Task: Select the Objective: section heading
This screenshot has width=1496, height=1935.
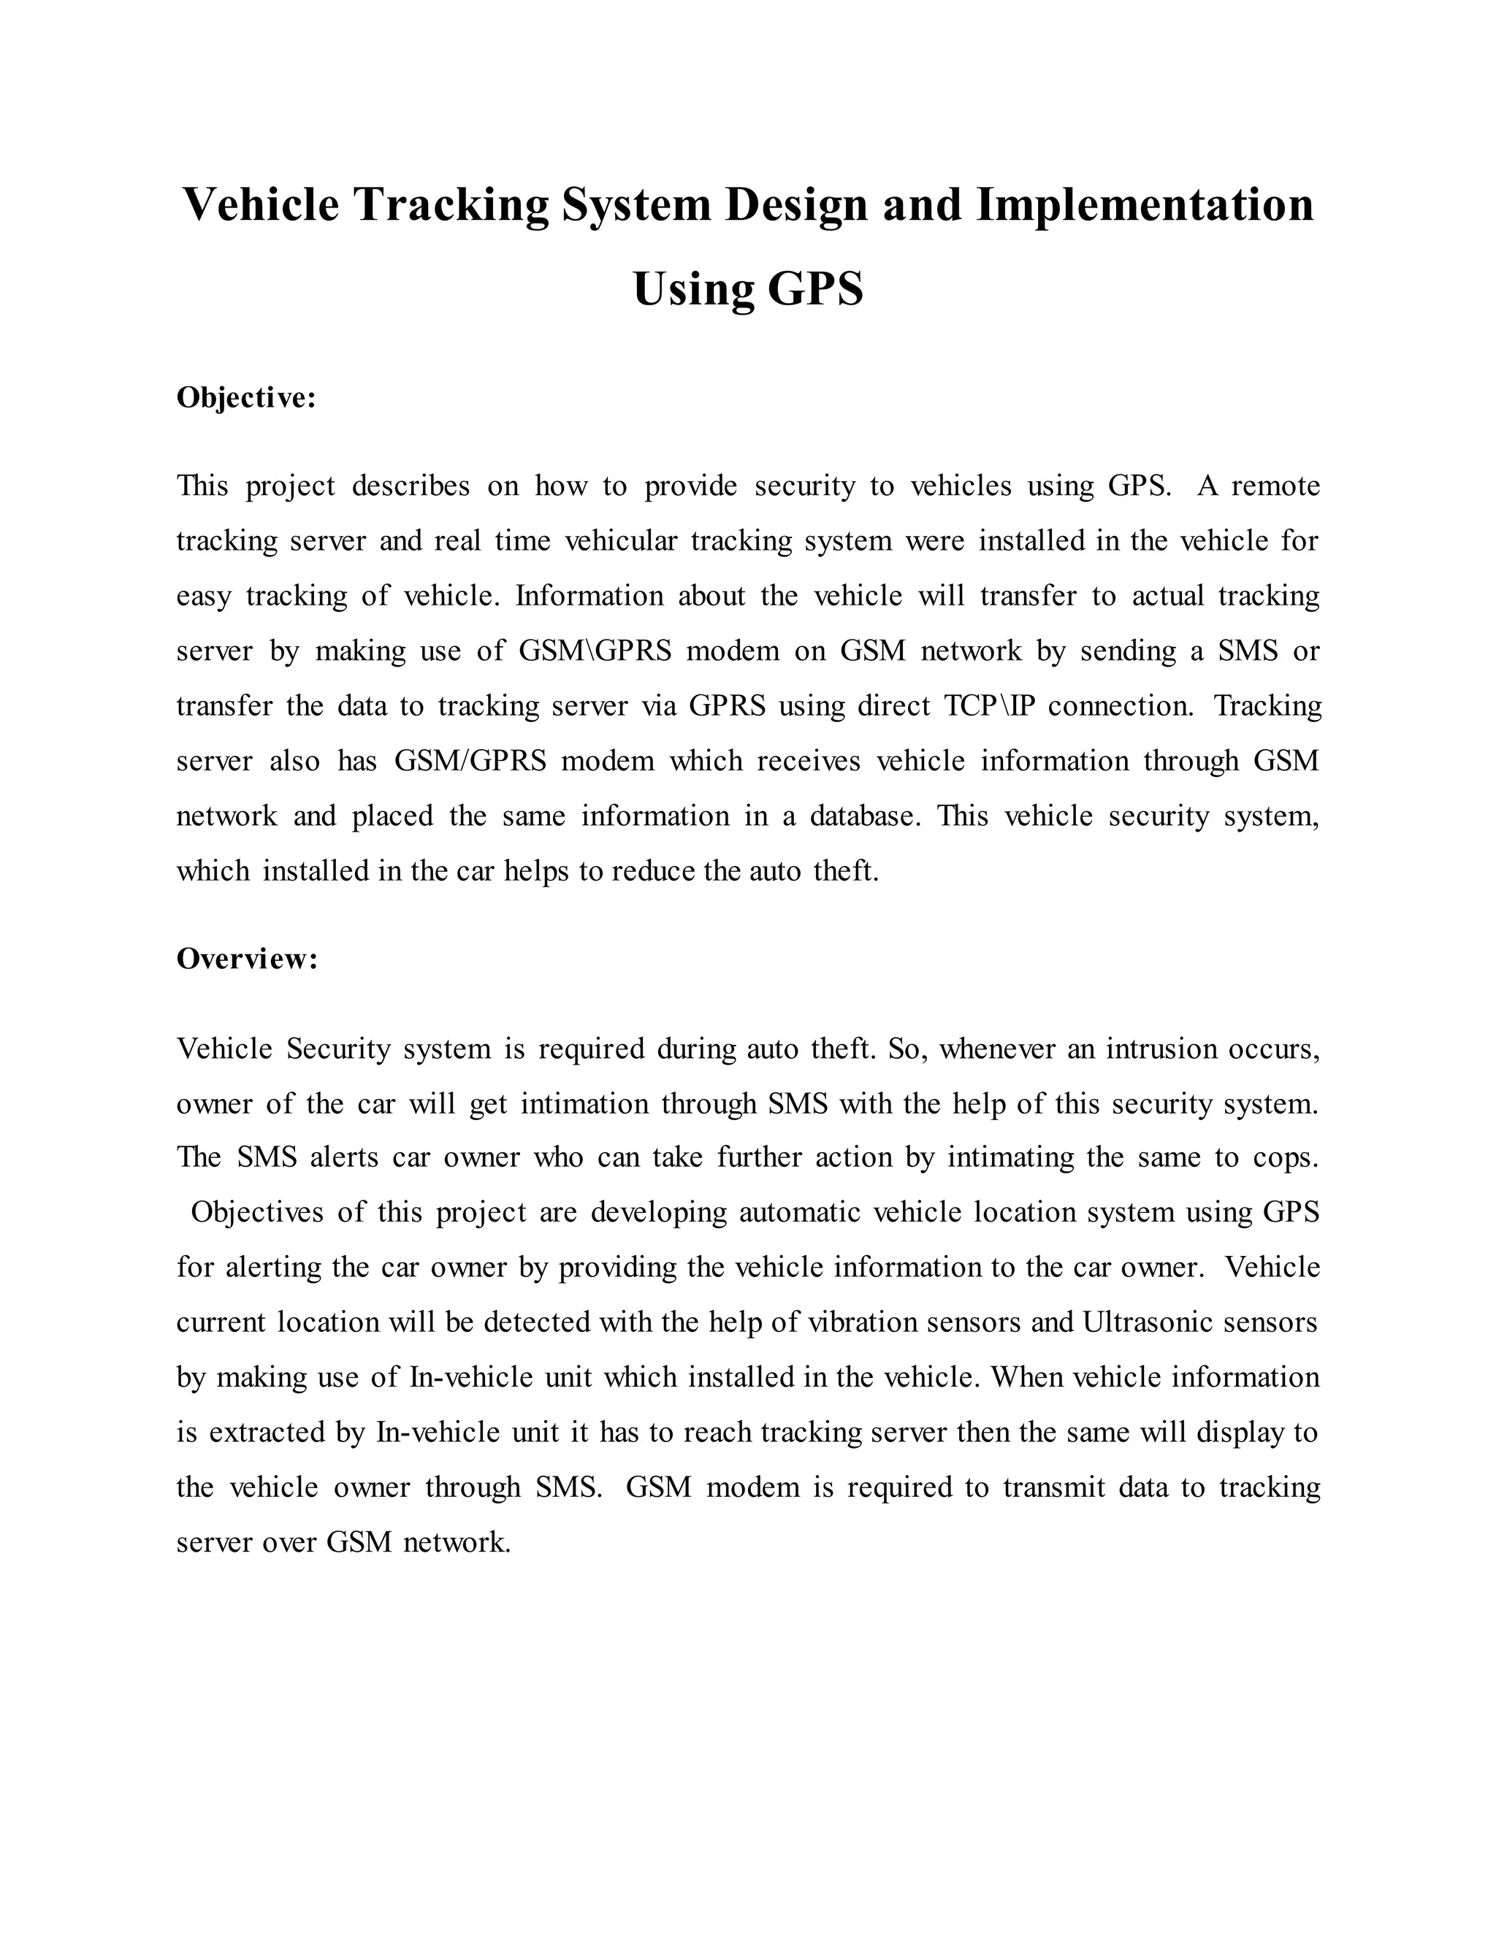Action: (x=246, y=398)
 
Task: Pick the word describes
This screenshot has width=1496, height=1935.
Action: (x=411, y=486)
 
